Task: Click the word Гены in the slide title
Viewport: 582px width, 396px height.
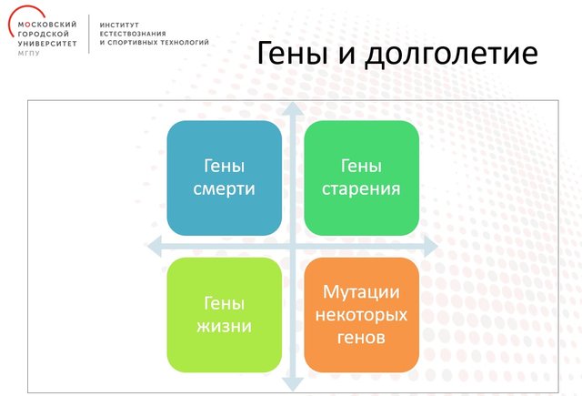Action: [293, 53]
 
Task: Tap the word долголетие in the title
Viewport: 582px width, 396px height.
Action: [451, 55]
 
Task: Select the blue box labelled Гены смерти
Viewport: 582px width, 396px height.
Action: [225, 178]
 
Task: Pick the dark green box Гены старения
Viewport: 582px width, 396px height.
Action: [362, 178]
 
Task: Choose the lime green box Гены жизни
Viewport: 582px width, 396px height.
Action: [225, 315]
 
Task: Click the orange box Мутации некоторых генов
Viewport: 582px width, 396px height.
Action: [362, 315]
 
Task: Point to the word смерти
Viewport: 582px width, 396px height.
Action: [225, 189]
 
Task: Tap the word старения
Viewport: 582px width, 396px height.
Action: [361, 189]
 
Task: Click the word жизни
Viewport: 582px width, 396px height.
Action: [225, 326]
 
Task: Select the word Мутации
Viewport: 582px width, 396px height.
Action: [361, 292]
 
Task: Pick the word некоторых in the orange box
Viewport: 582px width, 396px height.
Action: [361, 315]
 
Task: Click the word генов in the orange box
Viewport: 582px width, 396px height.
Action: [361, 338]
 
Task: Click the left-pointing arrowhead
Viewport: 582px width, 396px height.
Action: [155, 246]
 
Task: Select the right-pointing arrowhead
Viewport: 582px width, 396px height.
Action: [431, 246]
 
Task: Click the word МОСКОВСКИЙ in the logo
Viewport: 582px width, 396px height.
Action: [47, 25]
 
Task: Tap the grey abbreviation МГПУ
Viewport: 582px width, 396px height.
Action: [28, 53]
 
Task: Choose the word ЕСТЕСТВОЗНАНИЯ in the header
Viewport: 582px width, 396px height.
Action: [133, 34]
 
